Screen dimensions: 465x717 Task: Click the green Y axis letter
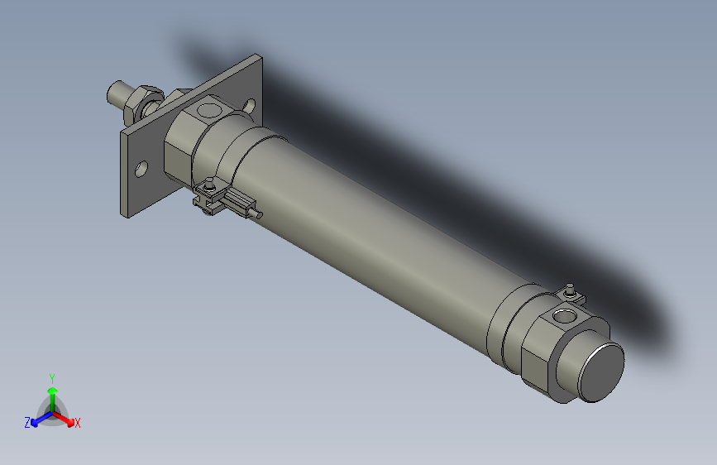point(51,377)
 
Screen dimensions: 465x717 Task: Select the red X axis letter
point(78,423)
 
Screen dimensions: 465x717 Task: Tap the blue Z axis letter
point(27,422)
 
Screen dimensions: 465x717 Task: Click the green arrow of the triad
point(52,391)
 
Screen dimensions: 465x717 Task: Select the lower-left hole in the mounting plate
point(142,169)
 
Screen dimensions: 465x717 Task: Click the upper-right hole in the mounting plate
point(249,104)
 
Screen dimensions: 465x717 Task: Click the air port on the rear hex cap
point(565,315)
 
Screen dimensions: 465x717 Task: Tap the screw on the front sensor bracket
point(212,186)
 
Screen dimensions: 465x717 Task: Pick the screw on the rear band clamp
point(569,289)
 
